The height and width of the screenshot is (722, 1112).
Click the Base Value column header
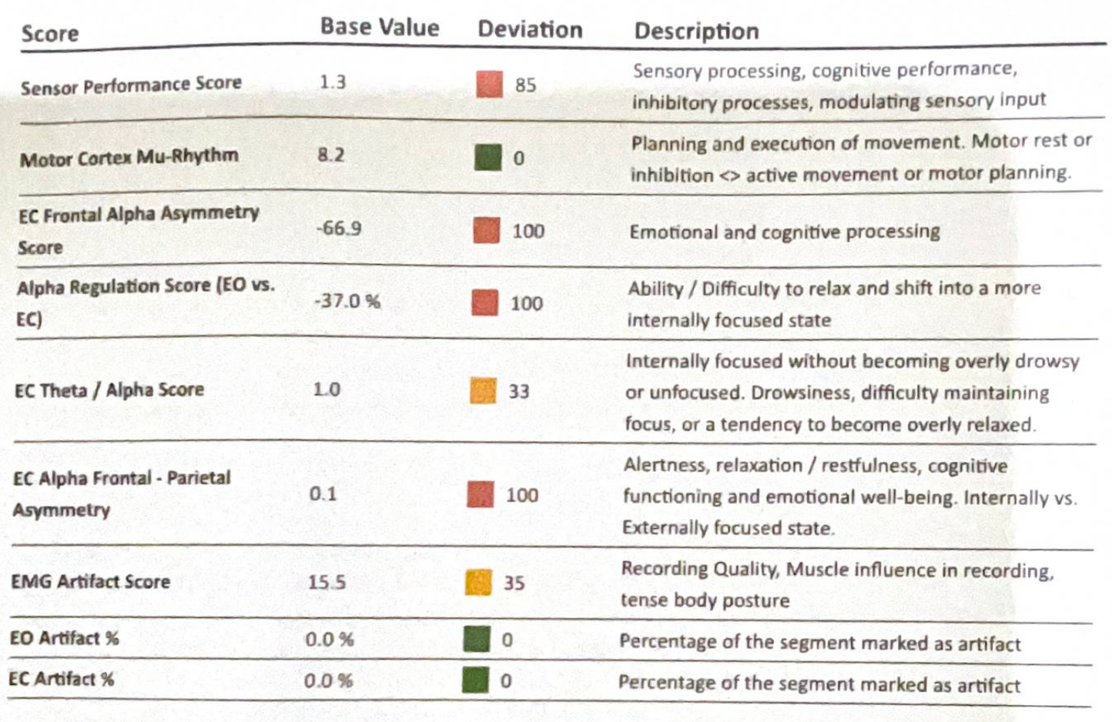tap(379, 27)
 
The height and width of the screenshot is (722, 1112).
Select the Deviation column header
tap(530, 29)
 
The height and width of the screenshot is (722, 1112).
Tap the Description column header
tap(696, 31)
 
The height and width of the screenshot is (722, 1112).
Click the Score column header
tap(50, 34)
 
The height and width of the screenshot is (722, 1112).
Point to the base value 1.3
tap(333, 82)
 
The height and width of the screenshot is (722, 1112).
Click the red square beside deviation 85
tap(489, 84)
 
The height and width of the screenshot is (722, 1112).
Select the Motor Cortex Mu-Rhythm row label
tap(129, 158)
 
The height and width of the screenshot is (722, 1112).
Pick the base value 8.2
tap(330, 155)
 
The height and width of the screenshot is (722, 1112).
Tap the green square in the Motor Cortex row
tap(487, 157)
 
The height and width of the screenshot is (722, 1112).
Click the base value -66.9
tap(338, 228)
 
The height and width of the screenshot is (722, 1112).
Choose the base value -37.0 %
tap(347, 300)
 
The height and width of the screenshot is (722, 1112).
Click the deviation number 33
tap(518, 392)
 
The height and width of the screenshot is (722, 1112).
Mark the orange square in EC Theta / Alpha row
tap(483, 391)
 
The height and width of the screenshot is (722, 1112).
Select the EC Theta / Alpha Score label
tap(109, 390)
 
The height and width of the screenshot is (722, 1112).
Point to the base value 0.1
tap(323, 493)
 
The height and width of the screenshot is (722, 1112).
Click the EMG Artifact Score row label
tap(90, 581)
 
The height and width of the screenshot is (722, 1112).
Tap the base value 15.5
tap(327, 582)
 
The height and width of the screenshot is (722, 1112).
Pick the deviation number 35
tap(514, 583)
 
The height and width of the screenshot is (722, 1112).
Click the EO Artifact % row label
tap(64, 638)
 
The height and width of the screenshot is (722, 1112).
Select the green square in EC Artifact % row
tap(475, 680)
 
